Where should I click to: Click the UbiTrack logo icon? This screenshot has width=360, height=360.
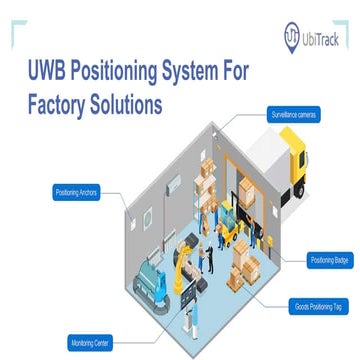(x=292, y=33)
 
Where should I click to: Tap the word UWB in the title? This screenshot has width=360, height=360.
(x=43, y=73)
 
